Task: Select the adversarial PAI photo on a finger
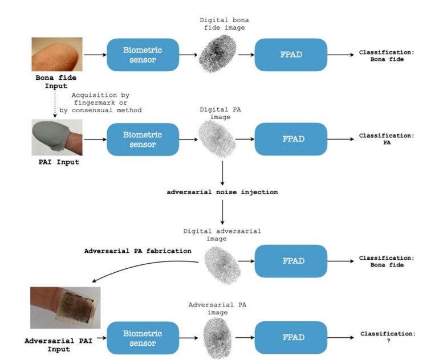click(66, 307)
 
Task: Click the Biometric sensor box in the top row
click(142, 55)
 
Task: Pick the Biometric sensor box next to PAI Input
click(142, 139)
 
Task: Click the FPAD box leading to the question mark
click(291, 337)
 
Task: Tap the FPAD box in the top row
click(291, 55)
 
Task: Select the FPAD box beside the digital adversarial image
click(291, 261)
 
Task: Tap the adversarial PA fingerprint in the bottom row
click(218, 337)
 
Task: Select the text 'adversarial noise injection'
click(222, 192)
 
